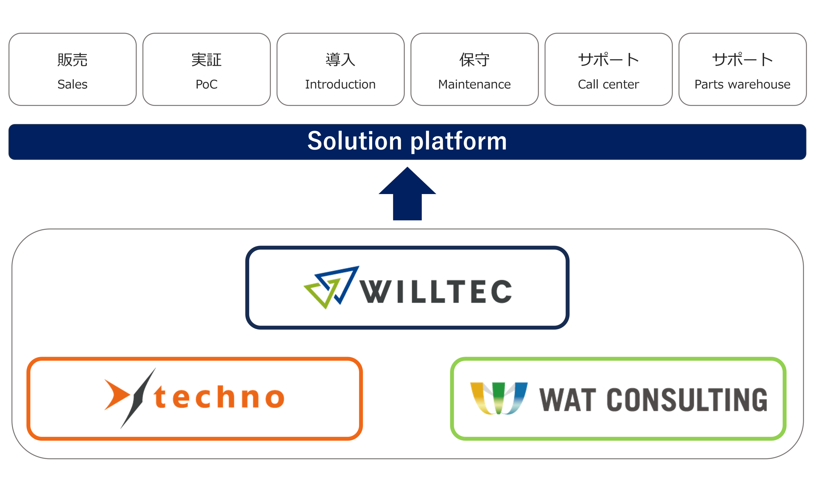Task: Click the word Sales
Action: pos(72,85)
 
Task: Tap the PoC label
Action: pos(206,85)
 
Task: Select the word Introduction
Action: pos(340,85)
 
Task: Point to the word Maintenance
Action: pos(474,85)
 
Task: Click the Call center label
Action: pos(608,85)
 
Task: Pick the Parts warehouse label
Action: pos(742,85)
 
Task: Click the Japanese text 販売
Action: pos(72,60)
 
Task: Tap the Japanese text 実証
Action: pos(206,60)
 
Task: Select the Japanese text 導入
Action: pos(340,60)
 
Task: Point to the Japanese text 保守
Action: pos(474,60)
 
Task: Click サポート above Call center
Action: pos(608,60)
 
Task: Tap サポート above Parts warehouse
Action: pos(742,60)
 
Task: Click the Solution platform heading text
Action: pos(407,141)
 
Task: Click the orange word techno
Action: pos(219,397)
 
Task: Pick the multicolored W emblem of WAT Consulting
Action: pos(499,398)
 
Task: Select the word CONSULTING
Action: pos(687,400)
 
